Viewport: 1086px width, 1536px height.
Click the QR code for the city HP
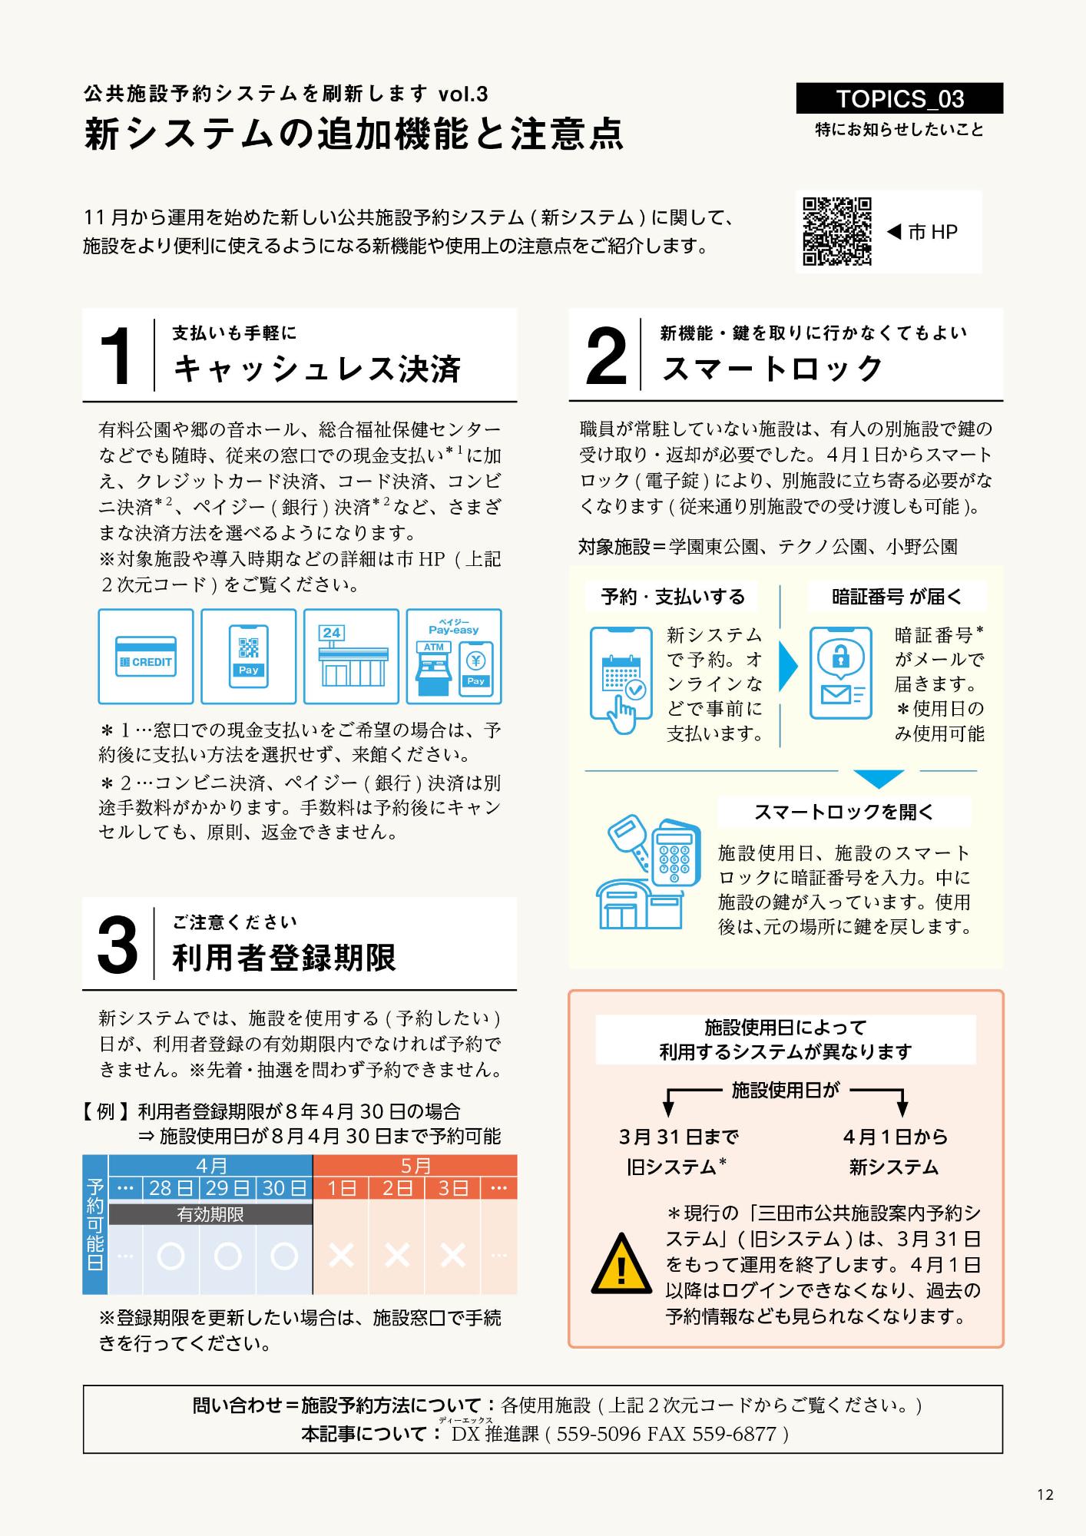[836, 231]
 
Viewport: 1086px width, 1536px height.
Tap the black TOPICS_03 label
[899, 99]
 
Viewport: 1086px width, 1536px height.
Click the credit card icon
[145, 657]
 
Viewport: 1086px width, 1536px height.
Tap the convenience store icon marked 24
[351, 657]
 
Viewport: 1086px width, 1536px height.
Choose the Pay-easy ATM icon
[453, 657]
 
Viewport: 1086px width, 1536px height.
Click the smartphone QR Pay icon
[248, 657]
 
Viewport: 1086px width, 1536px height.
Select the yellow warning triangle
[621, 1264]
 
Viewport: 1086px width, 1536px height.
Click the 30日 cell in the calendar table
[284, 1188]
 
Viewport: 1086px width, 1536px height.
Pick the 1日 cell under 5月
[341, 1188]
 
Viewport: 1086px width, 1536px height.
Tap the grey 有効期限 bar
[210, 1214]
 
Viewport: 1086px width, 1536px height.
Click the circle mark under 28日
[171, 1256]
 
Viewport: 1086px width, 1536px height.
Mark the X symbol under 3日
[453, 1256]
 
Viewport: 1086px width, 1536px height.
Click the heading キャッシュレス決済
[317, 369]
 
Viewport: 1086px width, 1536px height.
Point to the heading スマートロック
[773, 369]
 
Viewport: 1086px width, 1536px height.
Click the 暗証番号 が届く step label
[896, 597]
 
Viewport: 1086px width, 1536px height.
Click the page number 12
[1045, 1495]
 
